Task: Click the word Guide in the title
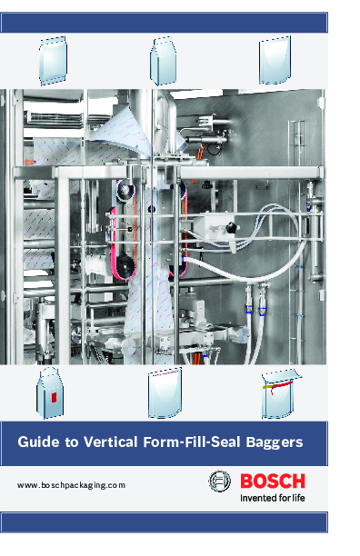[39, 442]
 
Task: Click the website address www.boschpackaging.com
[70, 486]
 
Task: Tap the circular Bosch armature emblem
[220, 482]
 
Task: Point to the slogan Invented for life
[272, 497]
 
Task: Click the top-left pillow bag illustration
[54, 60]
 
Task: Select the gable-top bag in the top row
[163, 60]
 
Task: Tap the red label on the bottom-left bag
[53, 396]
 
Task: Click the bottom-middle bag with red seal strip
[164, 393]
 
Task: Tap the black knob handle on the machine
[233, 224]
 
